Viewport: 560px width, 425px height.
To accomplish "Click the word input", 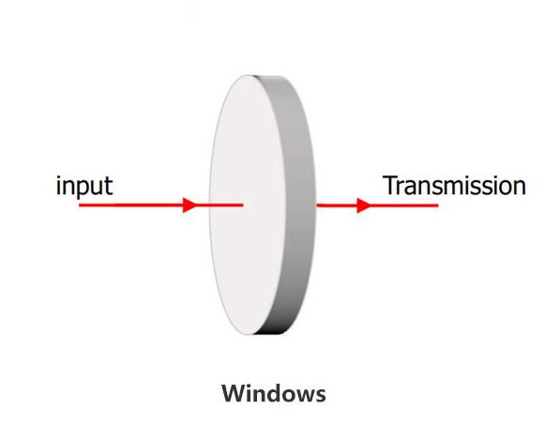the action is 84,187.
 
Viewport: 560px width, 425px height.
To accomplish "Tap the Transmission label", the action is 454,186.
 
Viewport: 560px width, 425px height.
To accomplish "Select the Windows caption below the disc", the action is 274,393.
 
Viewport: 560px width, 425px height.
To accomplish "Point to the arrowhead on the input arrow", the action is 189,205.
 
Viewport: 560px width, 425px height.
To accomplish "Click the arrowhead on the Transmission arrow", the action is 364,205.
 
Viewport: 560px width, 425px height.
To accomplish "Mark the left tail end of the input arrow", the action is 80,205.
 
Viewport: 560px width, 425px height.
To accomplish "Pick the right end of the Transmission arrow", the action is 438,205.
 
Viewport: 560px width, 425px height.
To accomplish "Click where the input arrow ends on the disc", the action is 243,205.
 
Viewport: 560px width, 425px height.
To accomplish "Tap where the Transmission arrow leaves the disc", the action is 317,205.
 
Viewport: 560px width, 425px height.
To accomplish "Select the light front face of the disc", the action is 247,205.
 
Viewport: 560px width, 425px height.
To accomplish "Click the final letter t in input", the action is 109,187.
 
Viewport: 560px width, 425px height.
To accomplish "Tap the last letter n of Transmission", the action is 520,189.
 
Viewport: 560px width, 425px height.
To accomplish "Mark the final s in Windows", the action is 321,396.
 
